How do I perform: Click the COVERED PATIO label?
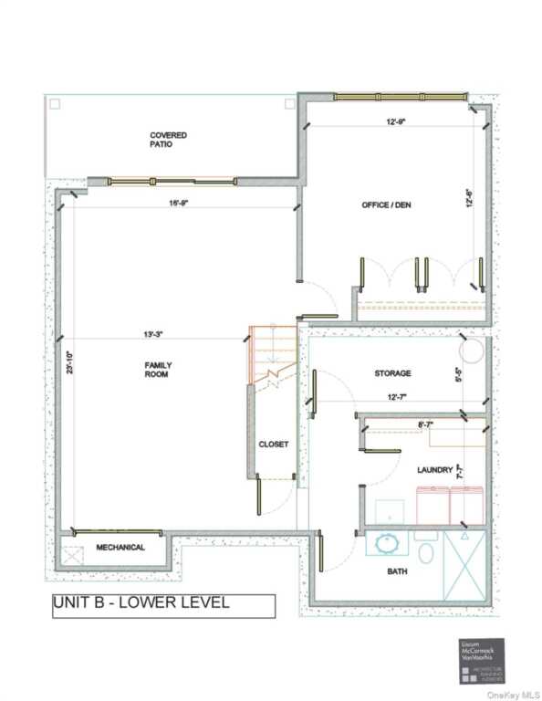click(x=169, y=140)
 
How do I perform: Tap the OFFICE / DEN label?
click(x=386, y=204)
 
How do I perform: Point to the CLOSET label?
click(x=273, y=445)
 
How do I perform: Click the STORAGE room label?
click(x=392, y=373)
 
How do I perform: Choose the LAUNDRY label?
click(x=434, y=470)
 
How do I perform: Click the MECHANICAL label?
click(x=120, y=548)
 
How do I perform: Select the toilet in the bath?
click(x=425, y=551)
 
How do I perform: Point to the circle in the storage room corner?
click(x=472, y=350)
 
